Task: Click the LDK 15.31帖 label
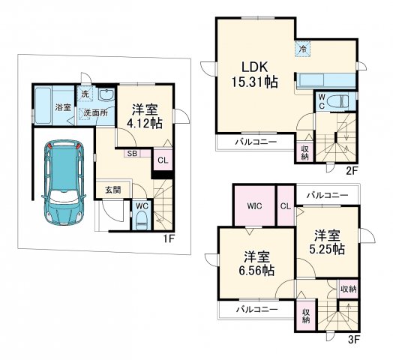255,74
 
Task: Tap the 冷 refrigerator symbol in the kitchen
303,49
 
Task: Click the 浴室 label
63,107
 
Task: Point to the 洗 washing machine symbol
85,94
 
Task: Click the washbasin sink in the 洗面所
106,94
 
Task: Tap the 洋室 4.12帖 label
145,116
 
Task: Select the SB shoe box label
132,153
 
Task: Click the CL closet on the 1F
163,160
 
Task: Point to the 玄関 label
112,190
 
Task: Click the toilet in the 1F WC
142,219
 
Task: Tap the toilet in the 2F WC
338,101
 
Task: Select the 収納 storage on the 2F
305,152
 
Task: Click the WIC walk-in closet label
255,206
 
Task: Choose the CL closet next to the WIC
286,206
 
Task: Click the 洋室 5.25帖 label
327,242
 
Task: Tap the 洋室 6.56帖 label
256,264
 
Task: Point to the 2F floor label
352,171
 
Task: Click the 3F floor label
354,340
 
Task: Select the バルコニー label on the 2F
256,142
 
